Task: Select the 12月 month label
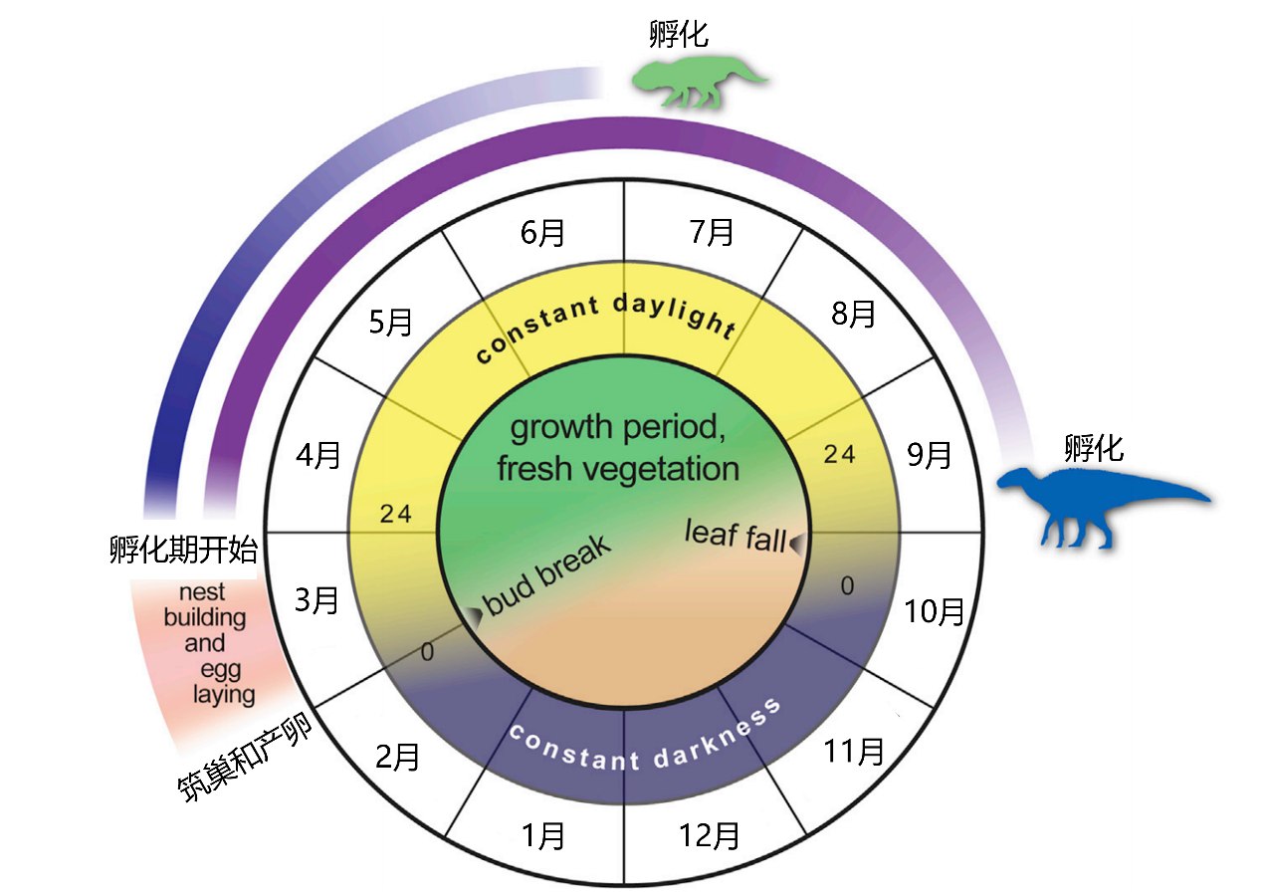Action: [x=710, y=835]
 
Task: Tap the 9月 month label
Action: [x=930, y=455]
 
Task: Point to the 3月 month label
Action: [x=318, y=600]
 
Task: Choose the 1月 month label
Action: [x=542, y=835]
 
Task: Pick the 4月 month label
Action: [x=318, y=455]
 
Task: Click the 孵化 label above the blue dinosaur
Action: [x=1094, y=447]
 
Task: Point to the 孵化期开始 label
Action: [x=183, y=550]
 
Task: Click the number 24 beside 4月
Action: [x=395, y=514]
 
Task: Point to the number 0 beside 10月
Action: [x=847, y=586]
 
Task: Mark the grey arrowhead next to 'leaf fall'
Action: [x=796, y=542]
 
